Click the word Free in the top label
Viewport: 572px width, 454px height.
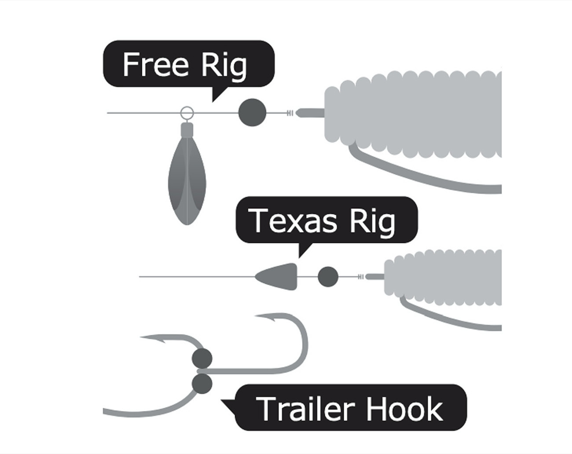[x=155, y=65]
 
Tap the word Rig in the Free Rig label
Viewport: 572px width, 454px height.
[x=224, y=66]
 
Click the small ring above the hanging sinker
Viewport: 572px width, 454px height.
[x=187, y=113]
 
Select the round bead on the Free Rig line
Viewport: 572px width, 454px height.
[x=252, y=112]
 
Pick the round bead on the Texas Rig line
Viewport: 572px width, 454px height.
[x=328, y=277]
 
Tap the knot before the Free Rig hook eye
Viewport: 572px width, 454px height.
[x=290, y=113]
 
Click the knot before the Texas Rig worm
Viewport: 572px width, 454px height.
[x=361, y=277]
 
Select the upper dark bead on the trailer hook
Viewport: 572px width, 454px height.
[x=202, y=358]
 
